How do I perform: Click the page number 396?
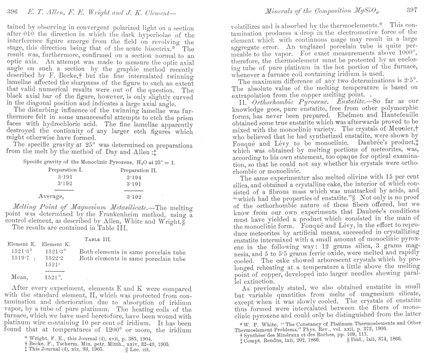(12, 10)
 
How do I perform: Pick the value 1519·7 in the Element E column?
(17, 258)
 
